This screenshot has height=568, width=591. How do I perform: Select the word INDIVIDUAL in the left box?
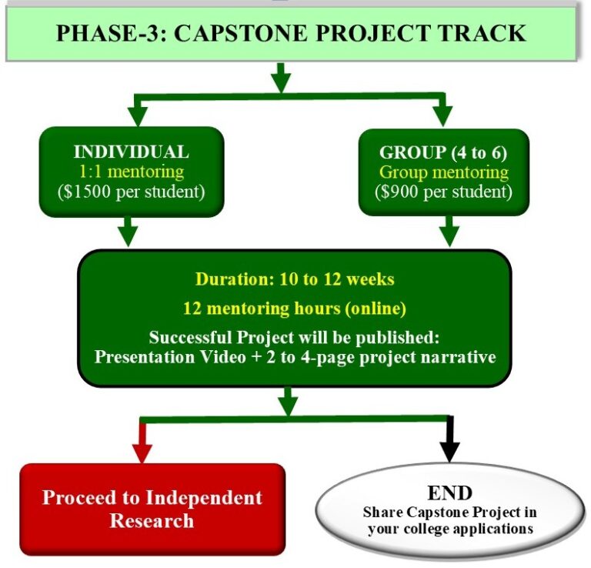131,152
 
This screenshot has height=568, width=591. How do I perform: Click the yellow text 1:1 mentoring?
131,171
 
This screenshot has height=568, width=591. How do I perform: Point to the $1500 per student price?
131,191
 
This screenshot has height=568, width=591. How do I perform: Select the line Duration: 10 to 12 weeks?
295,279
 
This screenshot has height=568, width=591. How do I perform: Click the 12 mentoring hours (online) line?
295,308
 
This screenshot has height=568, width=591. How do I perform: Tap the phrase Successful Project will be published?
293,338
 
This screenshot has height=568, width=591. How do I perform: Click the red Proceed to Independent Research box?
152,509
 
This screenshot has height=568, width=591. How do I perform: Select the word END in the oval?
449,493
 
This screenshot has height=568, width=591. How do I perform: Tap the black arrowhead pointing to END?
450,448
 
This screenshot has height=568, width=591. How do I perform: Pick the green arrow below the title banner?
281,78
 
